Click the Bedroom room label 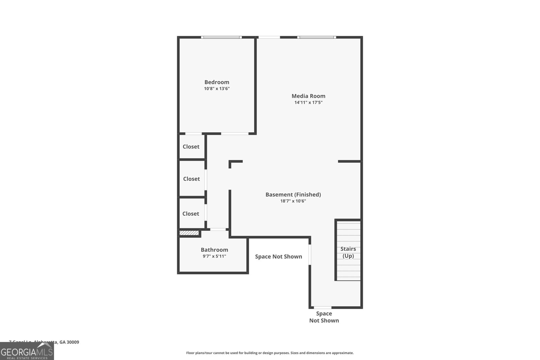pos(217,82)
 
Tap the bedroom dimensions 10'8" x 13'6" pos(217,89)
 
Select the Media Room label pos(308,96)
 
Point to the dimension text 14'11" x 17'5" pos(308,103)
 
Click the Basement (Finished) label pos(293,194)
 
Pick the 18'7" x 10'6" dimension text pos(293,201)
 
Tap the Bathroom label pos(214,250)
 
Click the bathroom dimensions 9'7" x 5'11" pos(214,256)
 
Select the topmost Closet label pos(191,146)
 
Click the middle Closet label pos(191,179)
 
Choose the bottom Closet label pos(191,214)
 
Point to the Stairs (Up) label pos(348,252)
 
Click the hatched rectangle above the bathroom pos(189,233)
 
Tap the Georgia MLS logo pos(27,351)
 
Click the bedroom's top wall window pos(221,37)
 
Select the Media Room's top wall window pos(317,37)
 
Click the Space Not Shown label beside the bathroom pos(278,256)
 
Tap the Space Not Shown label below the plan pos(324,317)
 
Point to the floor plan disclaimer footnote pos(270,353)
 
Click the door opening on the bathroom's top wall pos(218,229)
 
